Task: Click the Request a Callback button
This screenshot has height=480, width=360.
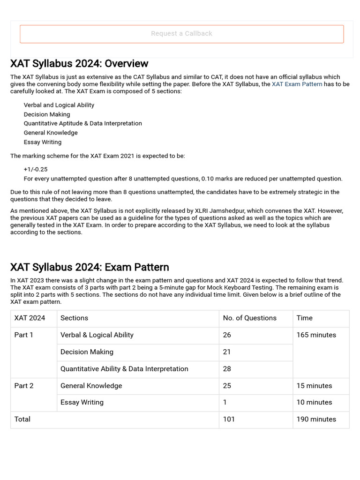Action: [181, 34]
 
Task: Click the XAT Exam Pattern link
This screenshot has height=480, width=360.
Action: [297, 84]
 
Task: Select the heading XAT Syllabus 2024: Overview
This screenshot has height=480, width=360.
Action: [79, 64]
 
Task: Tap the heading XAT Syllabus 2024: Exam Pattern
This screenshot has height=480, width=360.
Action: [90, 267]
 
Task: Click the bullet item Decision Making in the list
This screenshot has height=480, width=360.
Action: [47, 114]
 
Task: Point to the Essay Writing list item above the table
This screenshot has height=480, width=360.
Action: [43, 142]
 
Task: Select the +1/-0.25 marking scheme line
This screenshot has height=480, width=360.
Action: [36, 169]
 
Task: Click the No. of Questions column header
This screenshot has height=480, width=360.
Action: [249, 318]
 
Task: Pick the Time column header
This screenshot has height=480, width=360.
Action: [304, 318]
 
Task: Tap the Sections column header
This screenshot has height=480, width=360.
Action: [74, 318]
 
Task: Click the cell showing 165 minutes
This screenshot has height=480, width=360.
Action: [316, 335]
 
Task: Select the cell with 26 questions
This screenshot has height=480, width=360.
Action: [227, 335]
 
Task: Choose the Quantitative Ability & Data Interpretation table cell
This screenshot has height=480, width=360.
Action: [124, 368]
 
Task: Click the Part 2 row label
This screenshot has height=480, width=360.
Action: [24, 386]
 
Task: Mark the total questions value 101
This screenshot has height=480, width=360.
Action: [229, 419]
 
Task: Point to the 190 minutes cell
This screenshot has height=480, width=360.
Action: [316, 419]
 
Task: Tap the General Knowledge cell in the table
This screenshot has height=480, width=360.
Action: [91, 386]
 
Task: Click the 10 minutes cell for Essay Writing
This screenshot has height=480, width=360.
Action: [314, 402]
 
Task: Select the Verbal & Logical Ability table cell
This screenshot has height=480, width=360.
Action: [97, 335]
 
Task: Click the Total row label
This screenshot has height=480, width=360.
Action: [22, 419]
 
